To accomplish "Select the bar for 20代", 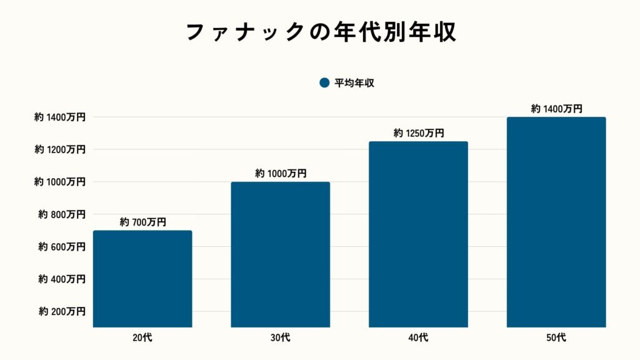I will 142,279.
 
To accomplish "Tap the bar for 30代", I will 281,254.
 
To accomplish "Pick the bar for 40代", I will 418,234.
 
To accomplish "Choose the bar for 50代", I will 556,222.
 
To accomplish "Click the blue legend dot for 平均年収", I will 324,83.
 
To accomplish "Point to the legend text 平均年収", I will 354,83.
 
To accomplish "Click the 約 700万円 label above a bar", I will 142,222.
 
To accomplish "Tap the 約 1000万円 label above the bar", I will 281,173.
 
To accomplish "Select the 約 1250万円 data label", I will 418,133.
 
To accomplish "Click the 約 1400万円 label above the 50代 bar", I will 556,109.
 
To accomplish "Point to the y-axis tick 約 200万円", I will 61,311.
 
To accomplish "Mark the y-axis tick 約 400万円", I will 61,279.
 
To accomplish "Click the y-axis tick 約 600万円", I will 61,247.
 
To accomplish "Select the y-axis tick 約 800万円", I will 61,214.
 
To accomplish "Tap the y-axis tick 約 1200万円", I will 60,149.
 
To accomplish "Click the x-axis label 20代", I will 142,338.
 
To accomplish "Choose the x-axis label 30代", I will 281,338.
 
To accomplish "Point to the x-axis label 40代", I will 418,338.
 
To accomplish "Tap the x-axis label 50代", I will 556,338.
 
